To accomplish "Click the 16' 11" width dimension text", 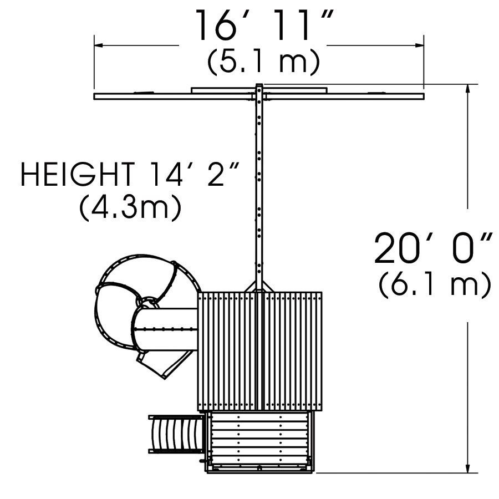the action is tap(264, 25).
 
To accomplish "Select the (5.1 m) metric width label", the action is tap(263, 62).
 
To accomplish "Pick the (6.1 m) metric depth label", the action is tap(435, 284).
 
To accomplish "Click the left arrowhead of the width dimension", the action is tap(98, 45).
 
